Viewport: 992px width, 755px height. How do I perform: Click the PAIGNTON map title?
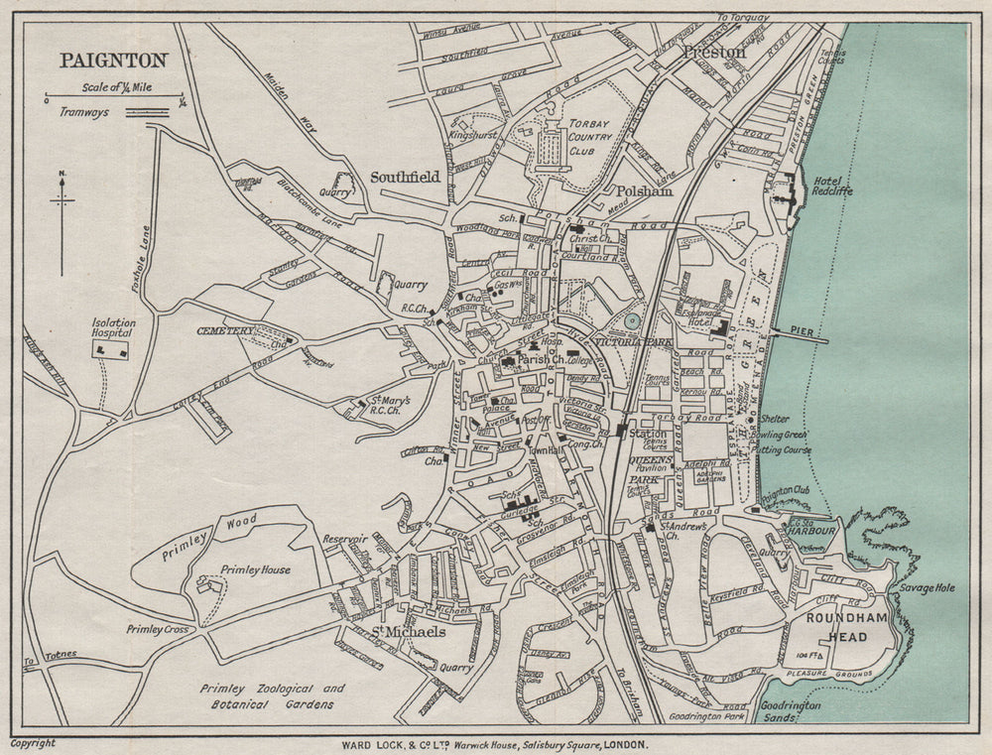pyautogui.click(x=114, y=60)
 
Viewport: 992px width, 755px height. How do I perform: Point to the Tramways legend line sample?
pyautogui.click(x=147, y=114)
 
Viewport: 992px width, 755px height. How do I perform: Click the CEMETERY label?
pyautogui.click(x=225, y=330)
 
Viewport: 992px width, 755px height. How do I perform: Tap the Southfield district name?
pyautogui.click(x=405, y=177)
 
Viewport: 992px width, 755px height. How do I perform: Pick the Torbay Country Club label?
pyautogui.click(x=593, y=137)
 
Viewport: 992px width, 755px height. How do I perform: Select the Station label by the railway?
pyautogui.click(x=649, y=434)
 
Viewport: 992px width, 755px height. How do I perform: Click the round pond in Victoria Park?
pyautogui.click(x=632, y=321)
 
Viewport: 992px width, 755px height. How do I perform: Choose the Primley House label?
pyautogui.click(x=255, y=569)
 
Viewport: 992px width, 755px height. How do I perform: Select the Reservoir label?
pyautogui.click(x=344, y=539)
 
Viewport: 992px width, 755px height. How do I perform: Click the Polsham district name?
pyautogui.click(x=644, y=191)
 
